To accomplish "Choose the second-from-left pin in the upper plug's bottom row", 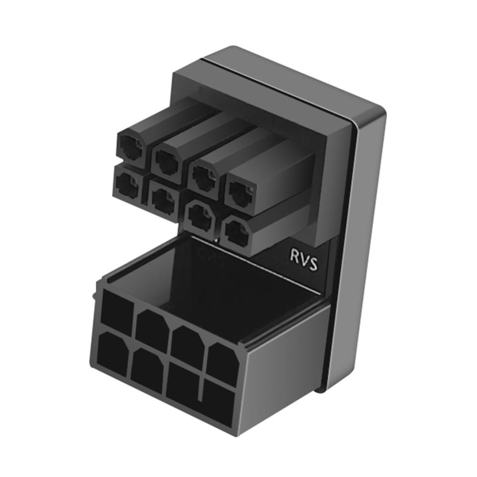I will (x=162, y=199).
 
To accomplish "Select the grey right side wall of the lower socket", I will (x=281, y=363).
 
